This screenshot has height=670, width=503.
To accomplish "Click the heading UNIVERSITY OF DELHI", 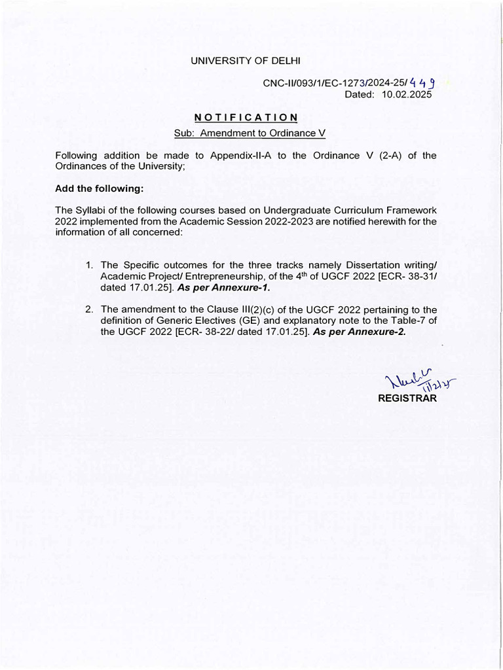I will point(245,61).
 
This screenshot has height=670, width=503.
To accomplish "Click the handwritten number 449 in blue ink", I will point(423,83).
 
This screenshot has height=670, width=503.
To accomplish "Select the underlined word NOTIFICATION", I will point(246,118).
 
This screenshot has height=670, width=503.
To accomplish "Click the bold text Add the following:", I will point(99,188).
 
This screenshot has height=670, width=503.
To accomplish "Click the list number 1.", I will point(89,265).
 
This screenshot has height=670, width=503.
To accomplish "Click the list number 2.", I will point(89,309).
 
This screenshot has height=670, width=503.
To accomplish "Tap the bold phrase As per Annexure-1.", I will point(223,287).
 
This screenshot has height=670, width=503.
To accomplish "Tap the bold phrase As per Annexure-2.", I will point(360,332).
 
